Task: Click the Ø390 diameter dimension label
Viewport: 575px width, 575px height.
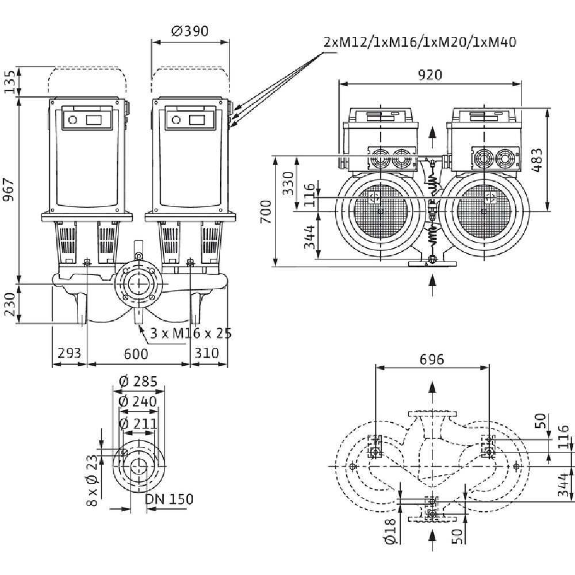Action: click(190, 30)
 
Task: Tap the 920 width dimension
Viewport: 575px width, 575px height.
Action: click(430, 74)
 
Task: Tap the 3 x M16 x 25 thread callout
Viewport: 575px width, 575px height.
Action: click(191, 333)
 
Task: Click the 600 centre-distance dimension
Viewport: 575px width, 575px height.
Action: click(136, 353)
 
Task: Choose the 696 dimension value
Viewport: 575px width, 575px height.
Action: click(432, 359)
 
